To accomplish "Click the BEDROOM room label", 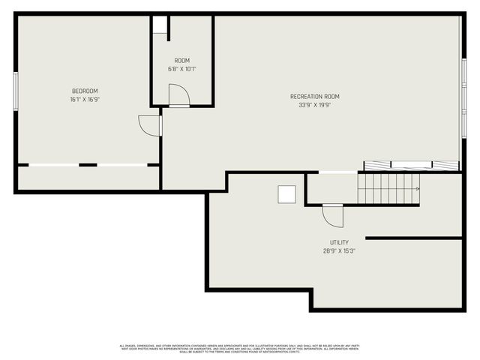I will pyautogui.click(x=85, y=91).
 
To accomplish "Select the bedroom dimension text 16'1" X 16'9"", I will pyautogui.click(x=85, y=99).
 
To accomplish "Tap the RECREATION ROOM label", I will pyautogui.click(x=315, y=96).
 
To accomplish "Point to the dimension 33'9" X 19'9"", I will pyautogui.click(x=315, y=105).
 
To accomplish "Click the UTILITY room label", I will pyautogui.click(x=339, y=242).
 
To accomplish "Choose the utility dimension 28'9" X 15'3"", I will pyautogui.click(x=339, y=251).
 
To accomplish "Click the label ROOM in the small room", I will pyautogui.click(x=182, y=60).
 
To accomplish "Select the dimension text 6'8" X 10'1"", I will pyautogui.click(x=182, y=69).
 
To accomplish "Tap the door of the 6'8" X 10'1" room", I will pyautogui.click(x=178, y=96).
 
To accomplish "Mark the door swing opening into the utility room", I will pyautogui.click(x=332, y=215).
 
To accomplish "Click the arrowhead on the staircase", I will pyautogui.click(x=417, y=189).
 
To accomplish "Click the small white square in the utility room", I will pyautogui.click(x=287, y=194).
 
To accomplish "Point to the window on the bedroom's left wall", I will pyautogui.click(x=15, y=91).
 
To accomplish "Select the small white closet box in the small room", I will pyautogui.click(x=160, y=25).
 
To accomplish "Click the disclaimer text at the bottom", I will pyautogui.click(x=240, y=348).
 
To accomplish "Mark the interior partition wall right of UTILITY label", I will pyautogui.click(x=413, y=238).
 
